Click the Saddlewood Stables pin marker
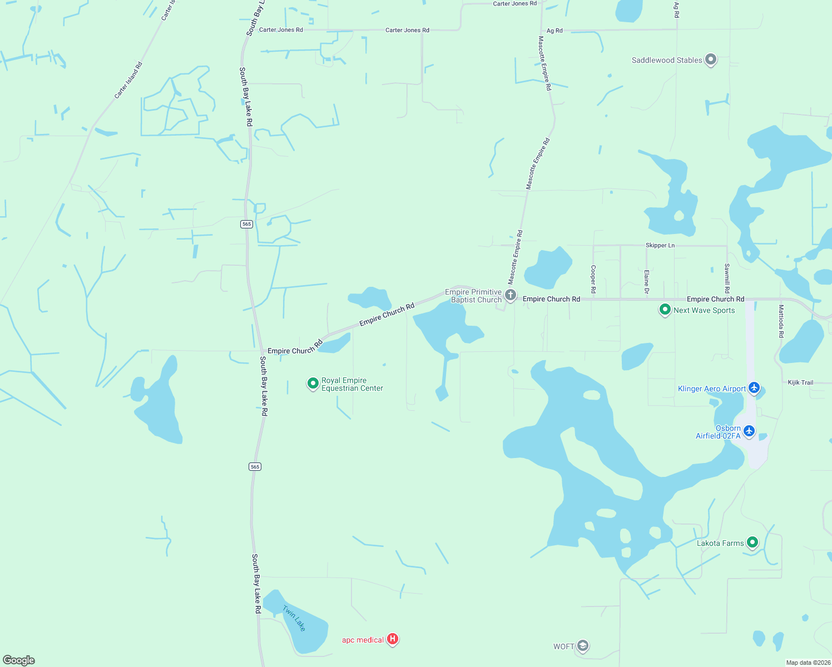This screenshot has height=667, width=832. pyautogui.click(x=710, y=59)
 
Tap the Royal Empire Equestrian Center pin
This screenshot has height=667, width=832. pyautogui.click(x=313, y=383)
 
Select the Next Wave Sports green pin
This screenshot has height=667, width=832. pyautogui.click(x=665, y=310)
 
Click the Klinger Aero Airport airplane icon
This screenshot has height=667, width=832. pyautogui.click(x=754, y=387)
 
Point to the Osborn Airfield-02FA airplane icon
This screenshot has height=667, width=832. pyautogui.click(x=749, y=430)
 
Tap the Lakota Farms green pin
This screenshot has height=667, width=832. pyautogui.click(x=752, y=542)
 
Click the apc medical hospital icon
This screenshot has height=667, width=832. pyautogui.click(x=393, y=639)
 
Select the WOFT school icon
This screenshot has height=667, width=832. pyautogui.click(x=583, y=646)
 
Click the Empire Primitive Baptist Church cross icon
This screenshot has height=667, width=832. pyautogui.click(x=511, y=295)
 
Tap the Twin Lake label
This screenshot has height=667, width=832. pyautogui.click(x=294, y=618)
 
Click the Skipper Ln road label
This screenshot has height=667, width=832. pyautogui.click(x=660, y=245)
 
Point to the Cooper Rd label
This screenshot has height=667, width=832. pyautogui.click(x=593, y=279)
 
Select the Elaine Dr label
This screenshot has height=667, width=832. pyautogui.click(x=646, y=282)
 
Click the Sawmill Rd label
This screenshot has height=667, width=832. pyautogui.click(x=727, y=278)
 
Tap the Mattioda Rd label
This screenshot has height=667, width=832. pyautogui.click(x=781, y=321)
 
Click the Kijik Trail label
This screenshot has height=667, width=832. pyautogui.click(x=800, y=382)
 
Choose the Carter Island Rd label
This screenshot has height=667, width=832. pyautogui.click(x=128, y=81)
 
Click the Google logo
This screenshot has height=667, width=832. pyautogui.click(x=19, y=660)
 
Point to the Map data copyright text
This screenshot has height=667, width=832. pyautogui.click(x=808, y=663)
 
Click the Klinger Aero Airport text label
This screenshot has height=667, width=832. pyautogui.click(x=712, y=389)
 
